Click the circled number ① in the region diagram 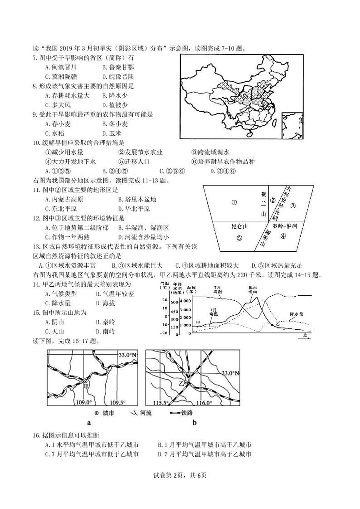click(234, 203)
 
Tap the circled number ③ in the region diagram click(293, 206)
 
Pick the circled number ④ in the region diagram click(283, 236)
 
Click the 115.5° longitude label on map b click(161, 403)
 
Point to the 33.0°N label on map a click(115, 355)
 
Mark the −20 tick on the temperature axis click(163, 333)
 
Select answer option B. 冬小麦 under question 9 click(115, 124)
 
